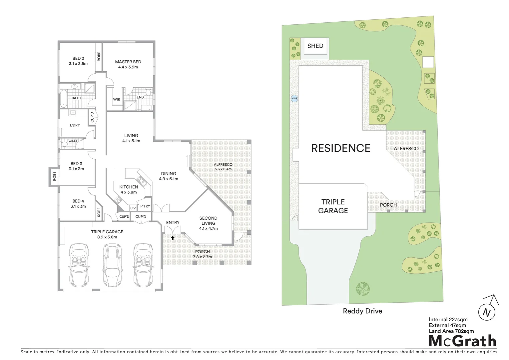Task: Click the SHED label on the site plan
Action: (x=315, y=46)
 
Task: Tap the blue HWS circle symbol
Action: (x=294, y=99)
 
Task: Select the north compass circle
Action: (x=487, y=313)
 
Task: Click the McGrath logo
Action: (x=462, y=341)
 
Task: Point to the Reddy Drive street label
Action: (x=362, y=311)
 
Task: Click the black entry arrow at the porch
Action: (x=173, y=238)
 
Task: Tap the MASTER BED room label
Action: (x=128, y=62)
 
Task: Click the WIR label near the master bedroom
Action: (x=117, y=99)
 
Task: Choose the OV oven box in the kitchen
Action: (x=133, y=208)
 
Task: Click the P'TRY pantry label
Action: (x=145, y=206)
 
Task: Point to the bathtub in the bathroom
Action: (x=64, y=98)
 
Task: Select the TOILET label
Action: (x=72, y=141)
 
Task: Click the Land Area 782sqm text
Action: (x=451, y=331)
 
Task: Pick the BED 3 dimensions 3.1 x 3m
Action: (x=76, y=169)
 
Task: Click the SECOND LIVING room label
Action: (x=208, y=221)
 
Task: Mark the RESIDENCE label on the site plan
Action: (x=340, y=148)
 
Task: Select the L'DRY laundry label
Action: (x=75, y=125)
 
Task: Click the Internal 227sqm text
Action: (x=448, y=320)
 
